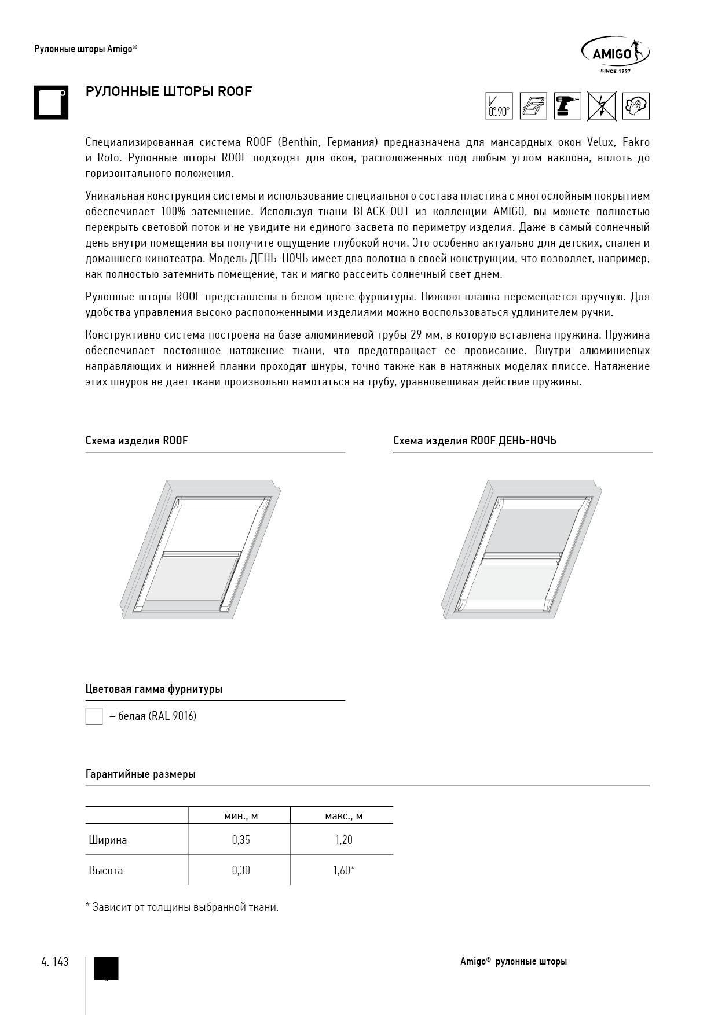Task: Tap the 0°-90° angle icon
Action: point(499,106)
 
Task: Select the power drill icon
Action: point(567,106)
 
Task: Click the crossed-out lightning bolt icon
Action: point(602,106)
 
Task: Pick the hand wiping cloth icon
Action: point(636,106)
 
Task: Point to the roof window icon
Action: point(533,106)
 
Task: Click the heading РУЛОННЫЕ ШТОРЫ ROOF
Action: point(168,91)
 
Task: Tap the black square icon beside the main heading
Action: point(51,103)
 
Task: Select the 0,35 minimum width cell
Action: point(240,840)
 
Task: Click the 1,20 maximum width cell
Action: point(343,840)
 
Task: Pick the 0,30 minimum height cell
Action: point(240,870)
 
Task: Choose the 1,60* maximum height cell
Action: point(343,870)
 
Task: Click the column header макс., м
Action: point(343,816)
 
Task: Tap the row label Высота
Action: point(106,870)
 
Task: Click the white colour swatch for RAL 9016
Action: point(94,716)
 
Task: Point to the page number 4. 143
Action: point(55,962)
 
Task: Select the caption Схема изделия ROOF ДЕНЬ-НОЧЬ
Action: point(474,441)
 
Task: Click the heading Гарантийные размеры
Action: point(141,774)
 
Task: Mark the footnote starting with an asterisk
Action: point(182,907)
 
